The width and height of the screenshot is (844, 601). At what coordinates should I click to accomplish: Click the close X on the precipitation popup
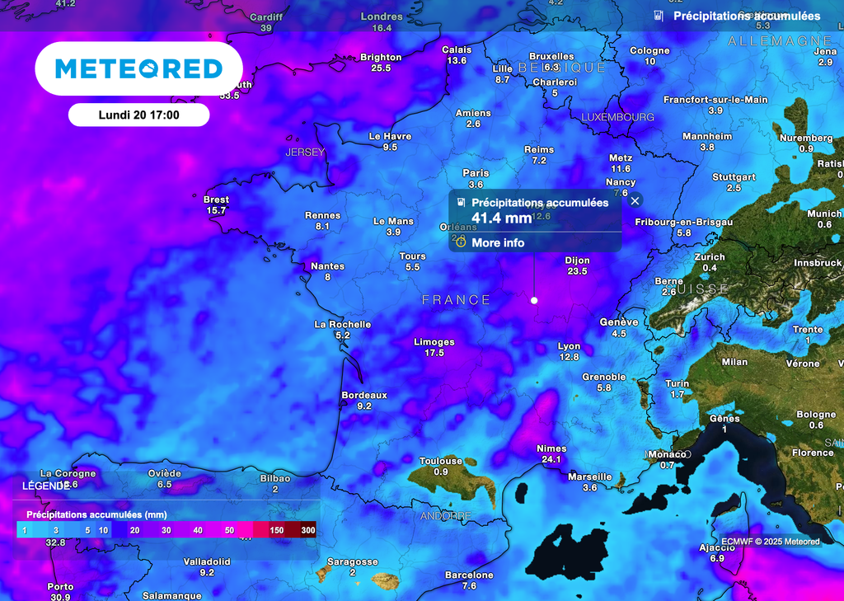coord(635,200)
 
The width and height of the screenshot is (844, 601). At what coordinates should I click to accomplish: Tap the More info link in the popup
coord(497,243)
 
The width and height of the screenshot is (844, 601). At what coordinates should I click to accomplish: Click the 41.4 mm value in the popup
coord(501,218)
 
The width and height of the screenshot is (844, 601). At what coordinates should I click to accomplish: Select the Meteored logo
coord(138,68)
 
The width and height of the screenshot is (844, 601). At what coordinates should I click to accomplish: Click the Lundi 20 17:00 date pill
coord(138,115)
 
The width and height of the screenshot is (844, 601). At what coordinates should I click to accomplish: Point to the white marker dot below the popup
coord(534,300)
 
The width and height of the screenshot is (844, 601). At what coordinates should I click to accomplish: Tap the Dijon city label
coord(577,261)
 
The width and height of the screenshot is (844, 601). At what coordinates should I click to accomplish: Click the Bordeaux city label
coord(364,395)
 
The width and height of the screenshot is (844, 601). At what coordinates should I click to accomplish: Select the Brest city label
coord(216,200)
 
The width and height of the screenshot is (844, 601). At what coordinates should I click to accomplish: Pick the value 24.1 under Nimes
coord(551,459)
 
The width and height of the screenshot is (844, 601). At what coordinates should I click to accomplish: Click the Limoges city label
coord(434,342)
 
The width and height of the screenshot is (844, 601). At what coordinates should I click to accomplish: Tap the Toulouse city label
coord(441,461)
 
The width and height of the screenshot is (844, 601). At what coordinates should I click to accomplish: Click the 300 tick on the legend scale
coord(308,530)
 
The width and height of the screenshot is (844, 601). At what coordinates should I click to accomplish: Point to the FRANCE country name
coord(456,300)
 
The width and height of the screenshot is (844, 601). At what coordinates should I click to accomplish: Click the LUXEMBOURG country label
coord(617,118)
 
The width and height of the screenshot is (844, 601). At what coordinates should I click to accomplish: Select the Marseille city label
coord(590,477)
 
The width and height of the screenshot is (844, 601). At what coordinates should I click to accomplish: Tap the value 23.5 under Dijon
coord(577,271)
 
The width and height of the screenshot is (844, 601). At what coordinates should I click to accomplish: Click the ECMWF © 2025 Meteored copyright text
coord(770,542)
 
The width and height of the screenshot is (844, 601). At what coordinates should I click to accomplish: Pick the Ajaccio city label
coord(717,547)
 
